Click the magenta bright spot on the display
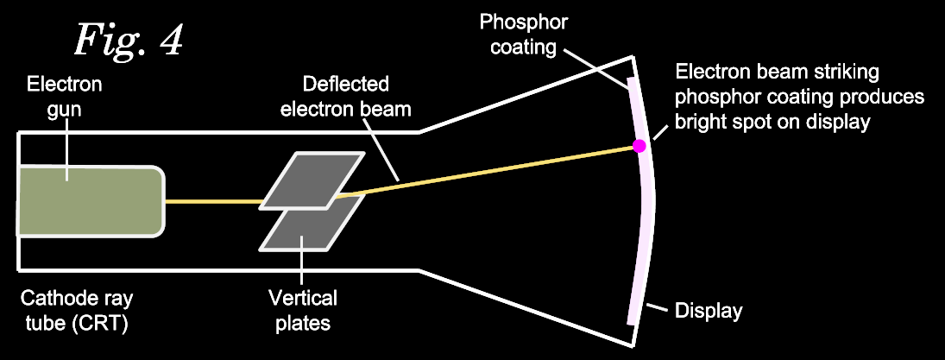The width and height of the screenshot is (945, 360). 639,146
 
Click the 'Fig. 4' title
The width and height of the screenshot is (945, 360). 128,40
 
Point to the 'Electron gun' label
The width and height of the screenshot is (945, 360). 65,96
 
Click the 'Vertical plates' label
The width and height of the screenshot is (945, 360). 302,311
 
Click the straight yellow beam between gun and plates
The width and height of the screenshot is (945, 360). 212,202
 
